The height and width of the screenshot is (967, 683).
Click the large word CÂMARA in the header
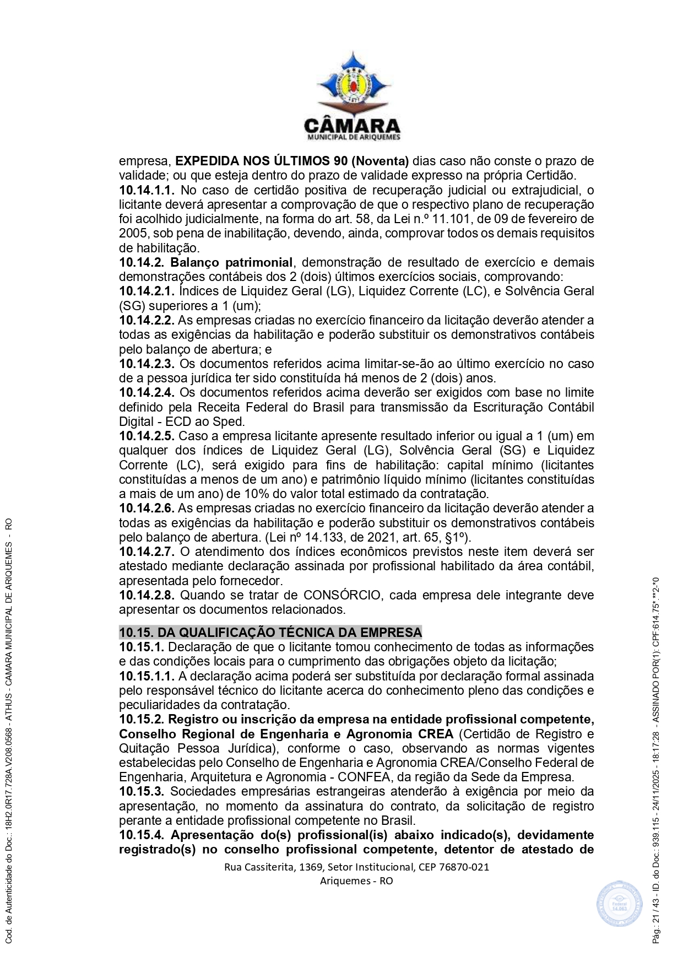353,126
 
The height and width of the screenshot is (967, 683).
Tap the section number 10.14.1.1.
147,191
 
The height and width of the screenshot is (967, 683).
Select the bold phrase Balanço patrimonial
231,262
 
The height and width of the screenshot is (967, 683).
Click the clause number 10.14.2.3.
147,364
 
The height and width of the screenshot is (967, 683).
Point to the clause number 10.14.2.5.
147,436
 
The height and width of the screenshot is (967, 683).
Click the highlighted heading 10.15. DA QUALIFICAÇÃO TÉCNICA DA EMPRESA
270,633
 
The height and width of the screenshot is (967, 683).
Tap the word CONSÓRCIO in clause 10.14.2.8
342,596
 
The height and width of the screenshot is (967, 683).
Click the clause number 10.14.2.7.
147,552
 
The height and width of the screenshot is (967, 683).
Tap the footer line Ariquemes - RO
356,881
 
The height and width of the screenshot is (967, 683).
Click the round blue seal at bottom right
619,904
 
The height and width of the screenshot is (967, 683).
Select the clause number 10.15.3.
142,792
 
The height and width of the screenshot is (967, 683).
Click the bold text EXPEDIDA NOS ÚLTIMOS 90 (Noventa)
292,161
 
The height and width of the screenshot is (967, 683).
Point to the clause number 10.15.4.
142,835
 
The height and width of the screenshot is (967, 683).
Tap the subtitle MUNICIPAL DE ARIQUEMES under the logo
353,137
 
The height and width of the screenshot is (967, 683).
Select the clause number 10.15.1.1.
147,676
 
